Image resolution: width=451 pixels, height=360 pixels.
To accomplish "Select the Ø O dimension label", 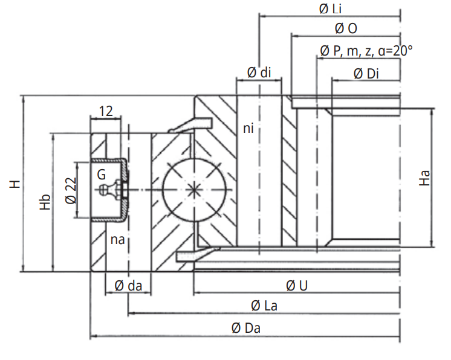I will coord(345,28).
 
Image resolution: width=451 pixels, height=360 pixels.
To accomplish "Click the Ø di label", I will coord(259,72).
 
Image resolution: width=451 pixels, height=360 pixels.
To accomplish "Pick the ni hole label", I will coord(248,128).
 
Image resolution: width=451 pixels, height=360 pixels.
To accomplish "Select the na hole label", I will coord(118,240).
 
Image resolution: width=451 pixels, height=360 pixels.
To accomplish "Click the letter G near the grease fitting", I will coord(102,175).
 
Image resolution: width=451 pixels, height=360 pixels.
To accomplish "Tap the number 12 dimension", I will coord(106,111).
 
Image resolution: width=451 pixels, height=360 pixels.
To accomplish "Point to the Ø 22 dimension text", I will coord(70,190).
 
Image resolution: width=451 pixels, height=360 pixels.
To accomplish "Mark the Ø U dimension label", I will coord(296,285).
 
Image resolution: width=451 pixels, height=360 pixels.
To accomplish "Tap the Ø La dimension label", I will coord(264,306).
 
